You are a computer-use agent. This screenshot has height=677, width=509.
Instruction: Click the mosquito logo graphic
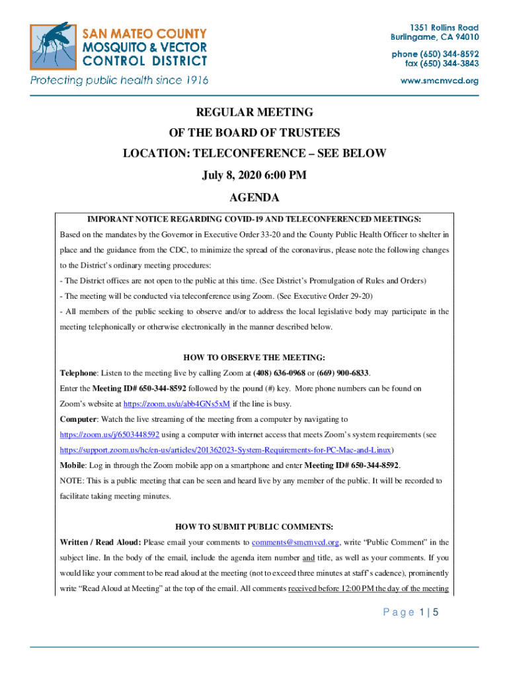click(52, 48)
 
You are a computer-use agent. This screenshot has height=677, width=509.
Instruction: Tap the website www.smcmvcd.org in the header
click(440, 81)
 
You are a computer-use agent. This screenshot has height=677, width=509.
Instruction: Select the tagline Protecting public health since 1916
click(119, 80)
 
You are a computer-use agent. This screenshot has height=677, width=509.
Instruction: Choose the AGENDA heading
click(255, 198)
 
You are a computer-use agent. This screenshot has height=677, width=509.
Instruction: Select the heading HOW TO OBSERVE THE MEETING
click(255, 358)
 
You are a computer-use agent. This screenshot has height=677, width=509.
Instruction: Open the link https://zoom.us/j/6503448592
click(110, 434)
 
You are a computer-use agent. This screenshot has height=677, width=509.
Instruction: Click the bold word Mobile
click(73, 465)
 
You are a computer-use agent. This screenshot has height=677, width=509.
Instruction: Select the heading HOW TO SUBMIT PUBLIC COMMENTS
click(255, 527)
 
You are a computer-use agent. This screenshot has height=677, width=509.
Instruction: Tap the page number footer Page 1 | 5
click(411, 613)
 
